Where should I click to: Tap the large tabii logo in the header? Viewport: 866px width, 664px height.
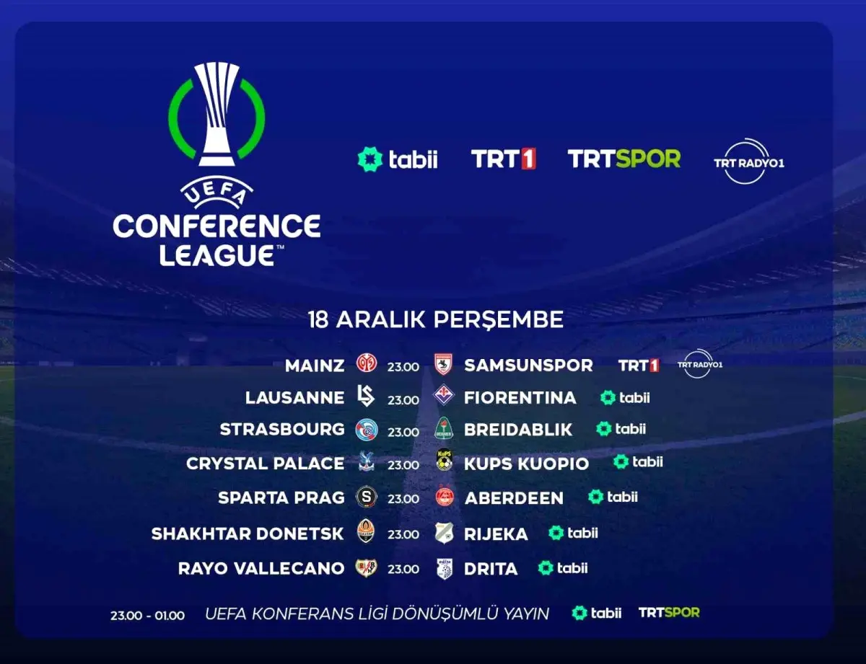(x=398, y=159)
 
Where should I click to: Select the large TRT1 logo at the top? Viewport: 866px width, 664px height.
(x=503, y=159)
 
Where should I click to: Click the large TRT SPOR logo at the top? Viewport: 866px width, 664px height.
(x=624, y=159)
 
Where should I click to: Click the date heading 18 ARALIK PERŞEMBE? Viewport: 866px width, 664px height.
(x=436, y=319)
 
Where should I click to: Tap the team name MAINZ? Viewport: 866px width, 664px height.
(x=315, y=366)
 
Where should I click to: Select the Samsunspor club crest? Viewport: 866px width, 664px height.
(x=443, y=365)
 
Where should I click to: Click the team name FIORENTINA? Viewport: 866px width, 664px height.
(x=520, y=398)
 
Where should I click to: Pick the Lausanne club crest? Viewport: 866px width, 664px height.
(x=366, y=396)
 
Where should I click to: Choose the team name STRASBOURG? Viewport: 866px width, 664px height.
(x=282, y=430)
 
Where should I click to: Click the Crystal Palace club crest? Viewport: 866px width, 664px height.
(x=366, y=463)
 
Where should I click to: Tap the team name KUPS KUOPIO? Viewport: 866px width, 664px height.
(x=526, y=464)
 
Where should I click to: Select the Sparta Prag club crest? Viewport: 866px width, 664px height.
(x=366, y=497)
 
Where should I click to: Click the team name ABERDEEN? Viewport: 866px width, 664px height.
(x=514, y=498)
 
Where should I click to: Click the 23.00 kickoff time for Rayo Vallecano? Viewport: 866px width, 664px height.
(x=403, y=570)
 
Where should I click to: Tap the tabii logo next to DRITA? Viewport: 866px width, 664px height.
(x=563, y=568)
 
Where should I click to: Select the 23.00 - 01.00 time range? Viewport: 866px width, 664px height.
(x=147, y=616)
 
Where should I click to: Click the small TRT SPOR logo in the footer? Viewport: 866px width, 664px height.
(x=669, y=613)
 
